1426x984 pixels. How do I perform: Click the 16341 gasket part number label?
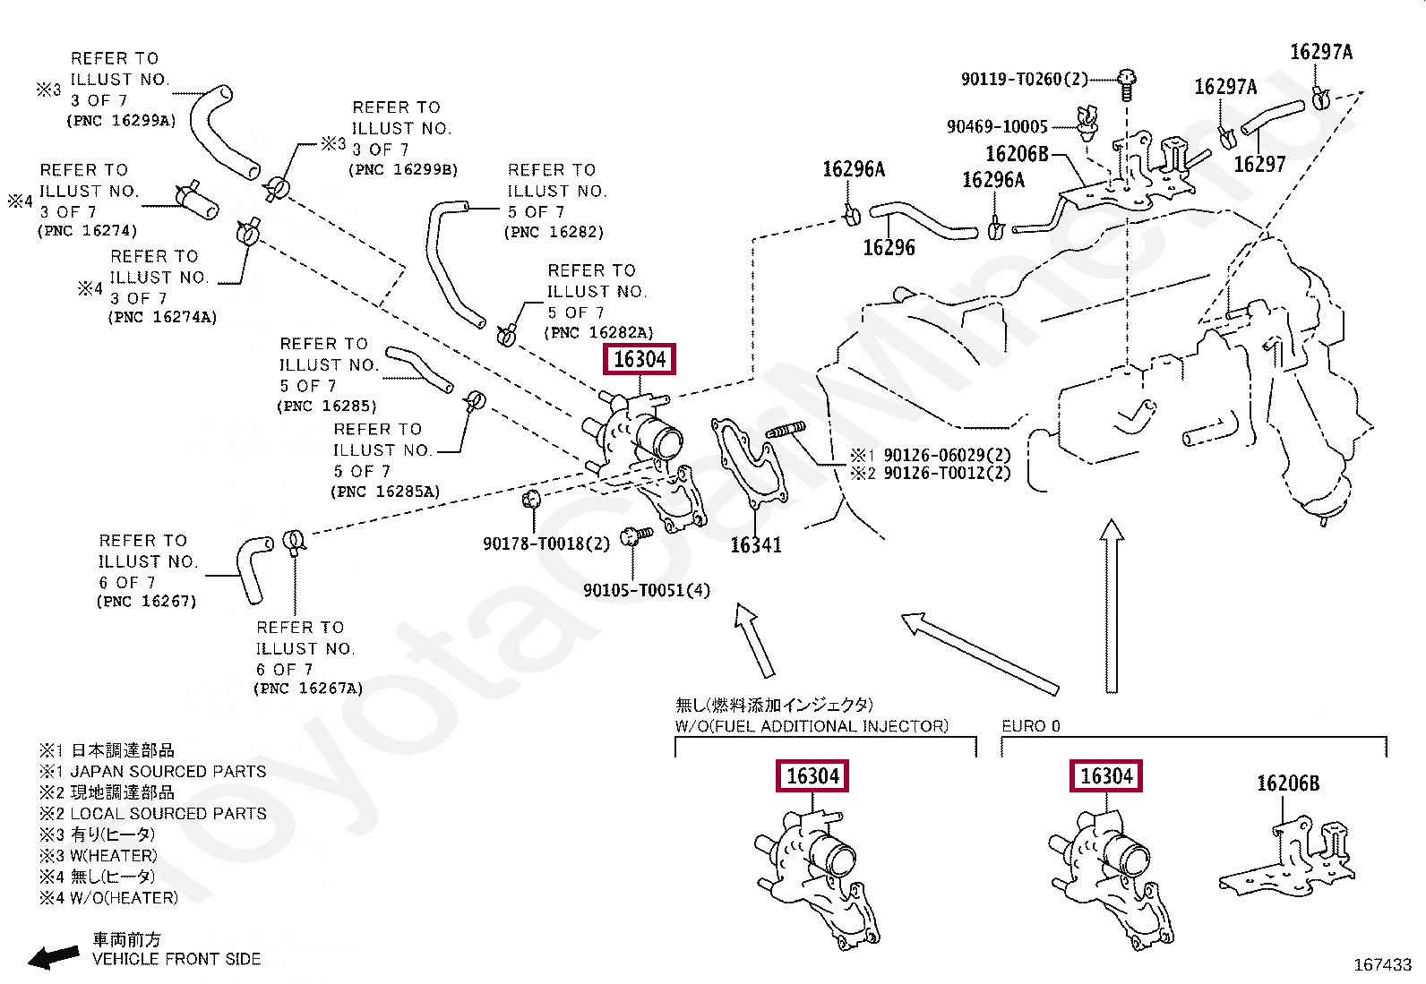click(x=755, y=544)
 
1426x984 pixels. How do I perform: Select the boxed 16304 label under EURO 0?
click(x=1106, y=776)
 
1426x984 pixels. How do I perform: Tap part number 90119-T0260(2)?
click(x=1024, y=80)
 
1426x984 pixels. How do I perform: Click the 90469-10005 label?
click(x=997, y=126)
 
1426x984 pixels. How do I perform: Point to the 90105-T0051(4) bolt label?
click(x=646, y=590)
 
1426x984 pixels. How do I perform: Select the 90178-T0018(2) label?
click(x=545, y=543)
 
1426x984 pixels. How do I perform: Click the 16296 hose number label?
click(x=889, y=248)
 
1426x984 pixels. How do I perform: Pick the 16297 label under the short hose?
click(x=1258, y=164)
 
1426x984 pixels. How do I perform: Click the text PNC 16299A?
click(x=121, y=120)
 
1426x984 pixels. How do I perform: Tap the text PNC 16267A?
click(x=308, y=689)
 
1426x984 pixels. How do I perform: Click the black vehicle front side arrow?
click(x=53, y=957)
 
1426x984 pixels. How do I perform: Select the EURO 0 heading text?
click(x=1030, y=726)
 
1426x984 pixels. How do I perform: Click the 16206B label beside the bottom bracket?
click(x=1287, y=783)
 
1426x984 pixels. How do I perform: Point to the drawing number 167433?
click(x=1381, y=964)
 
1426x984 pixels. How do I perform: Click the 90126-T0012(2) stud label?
click(x=946, y=474)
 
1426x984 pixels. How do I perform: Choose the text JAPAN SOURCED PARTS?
click(x=168, y=771)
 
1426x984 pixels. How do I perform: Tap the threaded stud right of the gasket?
click(x=786, y=431)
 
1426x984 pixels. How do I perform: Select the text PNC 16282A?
click(x=598, y=332)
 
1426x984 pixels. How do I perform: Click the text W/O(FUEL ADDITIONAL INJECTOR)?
click(x=812, y=726)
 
